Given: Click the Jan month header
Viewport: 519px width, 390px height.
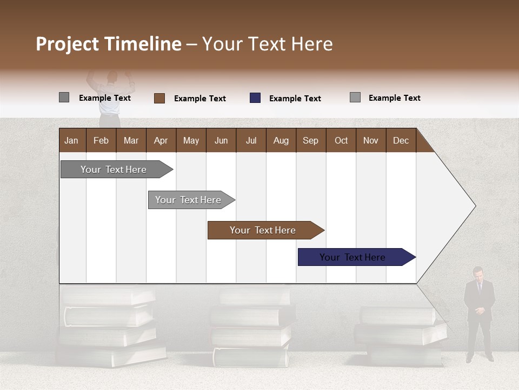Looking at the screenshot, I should point(72,140).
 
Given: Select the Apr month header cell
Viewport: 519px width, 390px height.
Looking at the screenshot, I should point(161,140).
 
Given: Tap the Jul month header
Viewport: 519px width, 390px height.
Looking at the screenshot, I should point(251,140).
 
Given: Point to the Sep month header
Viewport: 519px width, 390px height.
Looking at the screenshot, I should point(311,140).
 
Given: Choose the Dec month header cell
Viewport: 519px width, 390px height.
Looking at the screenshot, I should point(401,140).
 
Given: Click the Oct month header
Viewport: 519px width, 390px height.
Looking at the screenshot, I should point(341,140).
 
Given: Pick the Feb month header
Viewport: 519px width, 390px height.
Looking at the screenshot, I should point(101,140).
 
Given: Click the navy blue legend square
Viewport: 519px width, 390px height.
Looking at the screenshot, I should point(255,98).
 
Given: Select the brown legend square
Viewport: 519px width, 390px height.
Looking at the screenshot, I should point(159,98).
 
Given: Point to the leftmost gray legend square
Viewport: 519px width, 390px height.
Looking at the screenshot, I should point(64,97).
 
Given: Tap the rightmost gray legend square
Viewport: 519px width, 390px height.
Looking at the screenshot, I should point(355,97).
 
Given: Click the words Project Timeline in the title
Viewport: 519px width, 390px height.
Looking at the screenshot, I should point(109,44).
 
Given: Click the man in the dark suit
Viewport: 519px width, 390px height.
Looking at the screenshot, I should point(479,314).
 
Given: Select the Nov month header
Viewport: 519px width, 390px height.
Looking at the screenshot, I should point(371,140).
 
